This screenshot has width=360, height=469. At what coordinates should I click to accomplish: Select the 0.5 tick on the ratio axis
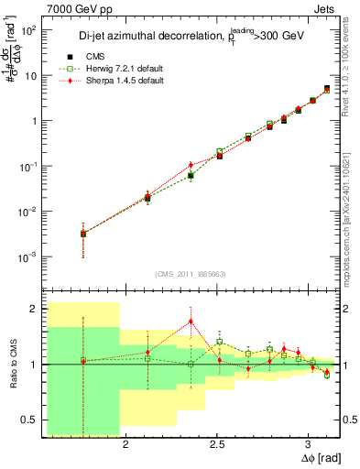[x=28, y=420]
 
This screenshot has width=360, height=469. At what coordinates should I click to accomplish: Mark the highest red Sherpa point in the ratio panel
[x=191, y=321]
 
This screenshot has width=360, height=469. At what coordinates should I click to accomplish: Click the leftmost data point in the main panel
[x=83, y=234]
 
